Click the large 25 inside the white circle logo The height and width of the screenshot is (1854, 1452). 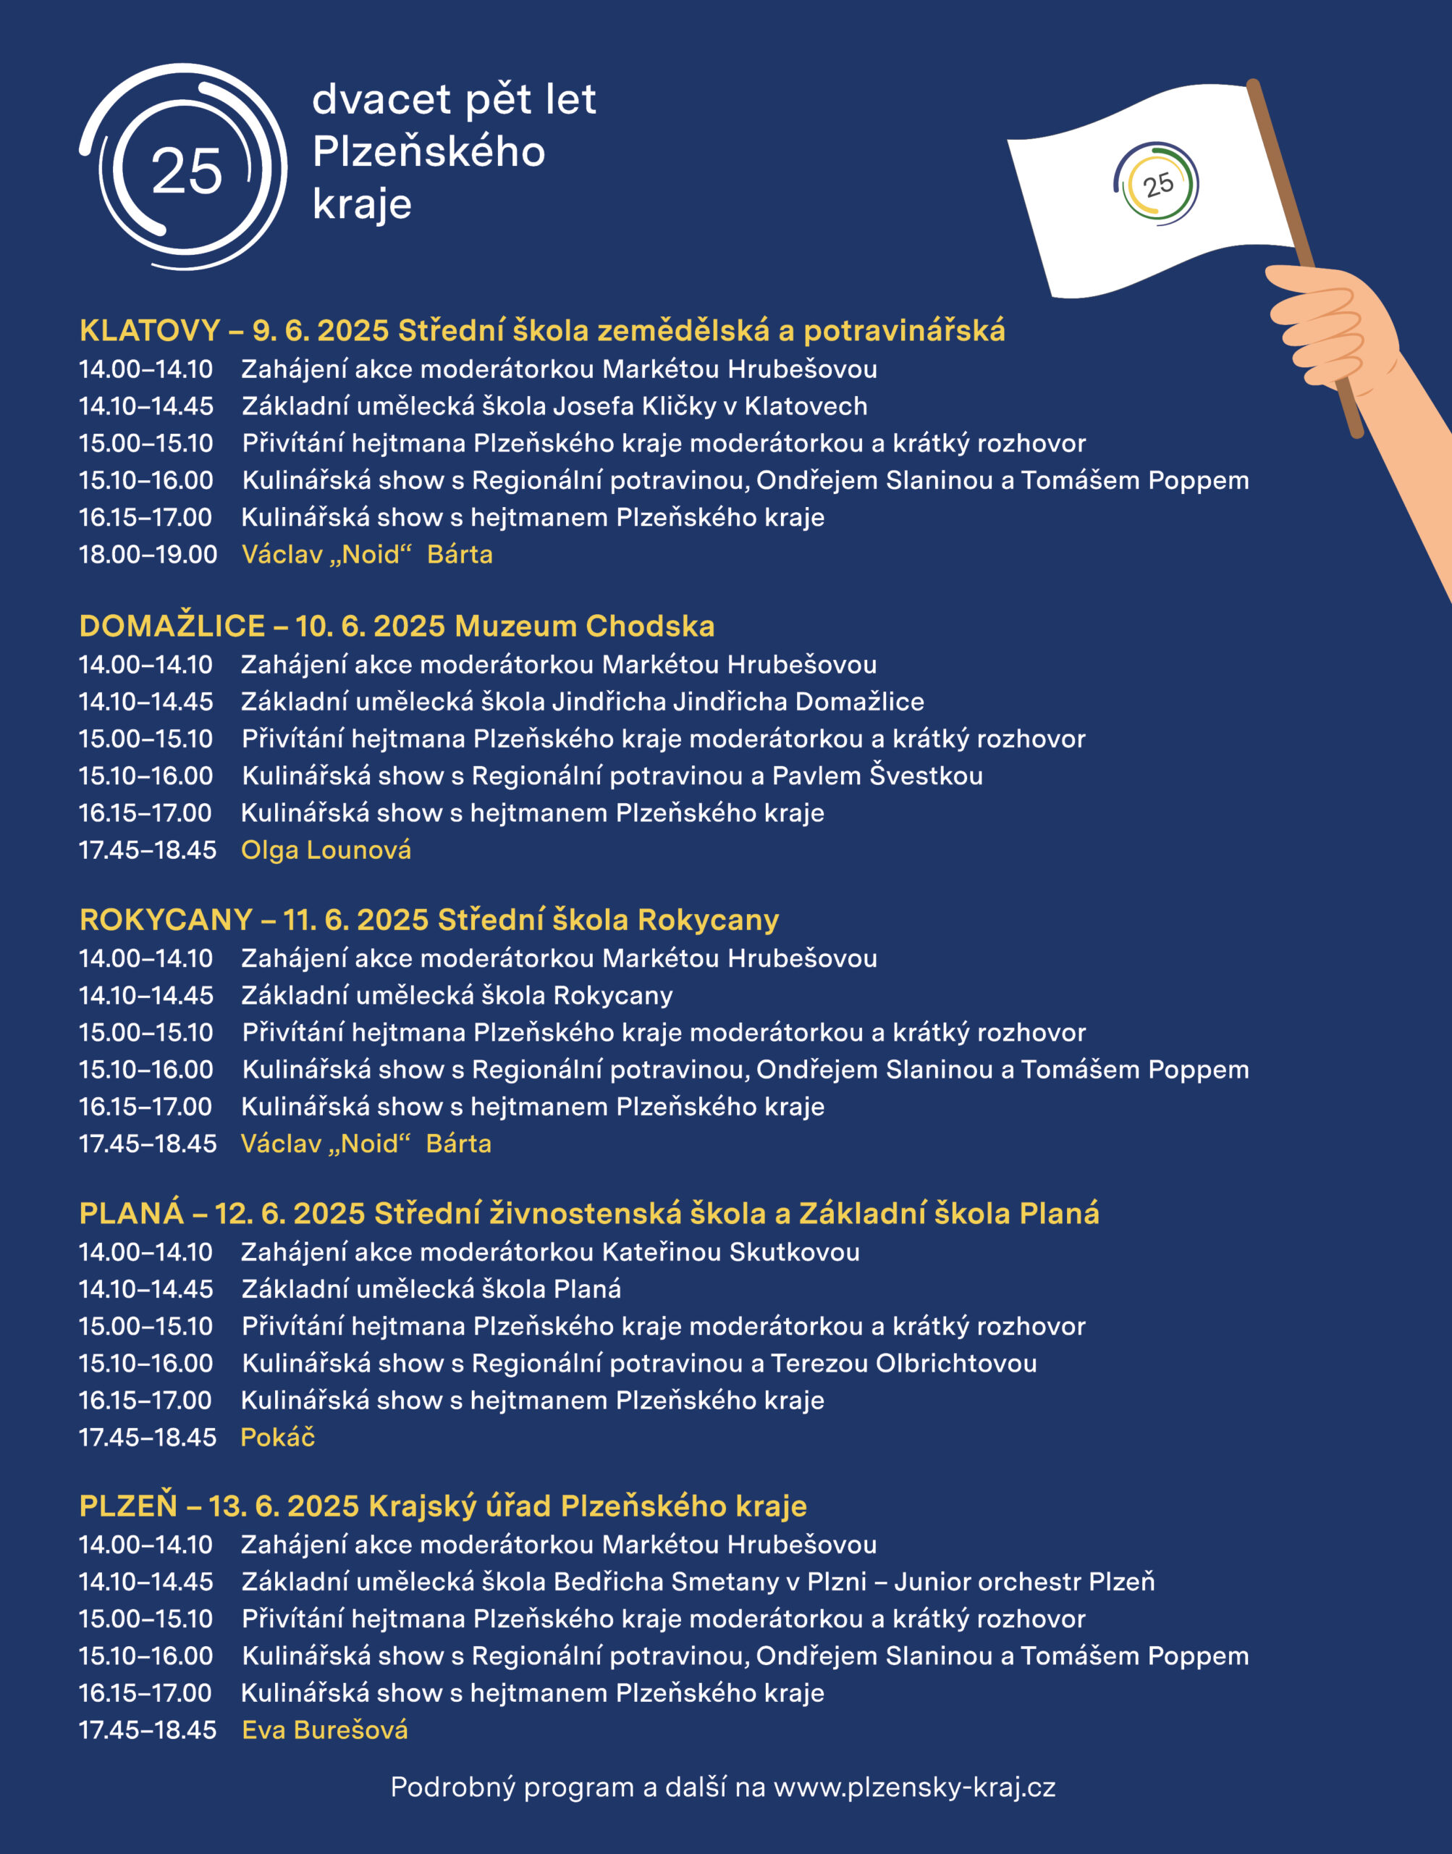186,170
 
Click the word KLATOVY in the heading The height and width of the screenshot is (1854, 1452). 150,330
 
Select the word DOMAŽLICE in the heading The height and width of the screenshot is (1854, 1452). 172,626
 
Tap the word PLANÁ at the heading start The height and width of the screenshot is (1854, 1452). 131,1213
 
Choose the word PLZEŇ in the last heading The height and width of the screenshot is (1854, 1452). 127,1506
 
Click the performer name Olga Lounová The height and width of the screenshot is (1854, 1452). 326,850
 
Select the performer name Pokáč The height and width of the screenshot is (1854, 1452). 277,1438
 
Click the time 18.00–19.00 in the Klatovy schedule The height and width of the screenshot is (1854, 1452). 148,555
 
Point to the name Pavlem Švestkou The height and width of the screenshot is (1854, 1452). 877,776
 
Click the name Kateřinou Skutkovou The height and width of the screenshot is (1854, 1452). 731,1252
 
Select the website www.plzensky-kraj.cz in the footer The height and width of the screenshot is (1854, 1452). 915,1787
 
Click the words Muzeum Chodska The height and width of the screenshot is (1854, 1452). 585,626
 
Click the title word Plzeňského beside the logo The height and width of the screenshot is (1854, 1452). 429,152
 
